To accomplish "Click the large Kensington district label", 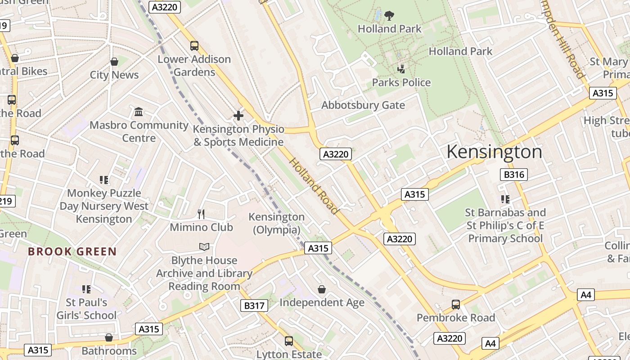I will click(x=494, y=152).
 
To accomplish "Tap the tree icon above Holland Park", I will click(x=389, y=16).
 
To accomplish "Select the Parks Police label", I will click(x=401, y=82).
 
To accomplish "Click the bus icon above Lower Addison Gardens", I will click(x=194, y=45).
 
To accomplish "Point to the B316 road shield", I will click(x=513, y=175).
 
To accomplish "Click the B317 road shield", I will click(x=254, y=306).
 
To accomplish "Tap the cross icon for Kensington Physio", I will click(x=238, y=116).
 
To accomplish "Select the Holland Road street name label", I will click(x=313, y=185).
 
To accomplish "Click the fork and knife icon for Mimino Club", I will click(x=201, y=214).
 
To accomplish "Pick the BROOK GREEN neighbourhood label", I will click(x=72, y=252).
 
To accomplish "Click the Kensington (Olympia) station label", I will click(x=276, y=223).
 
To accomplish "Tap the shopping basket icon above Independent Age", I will click(x=322, y=289).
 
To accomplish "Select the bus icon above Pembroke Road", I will click(x=456, y=305).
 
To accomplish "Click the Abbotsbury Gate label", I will click(x=363, y=105).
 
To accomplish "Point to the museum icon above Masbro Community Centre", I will click(x=139, y=112).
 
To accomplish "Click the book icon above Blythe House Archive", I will click(x=204, y=247).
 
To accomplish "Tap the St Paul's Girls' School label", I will click(x=86, y=309).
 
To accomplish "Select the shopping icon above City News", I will click(x=114, y=62).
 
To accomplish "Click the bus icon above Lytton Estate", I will click(x=289, y=341).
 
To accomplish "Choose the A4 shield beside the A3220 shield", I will click(x=490, y=344).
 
